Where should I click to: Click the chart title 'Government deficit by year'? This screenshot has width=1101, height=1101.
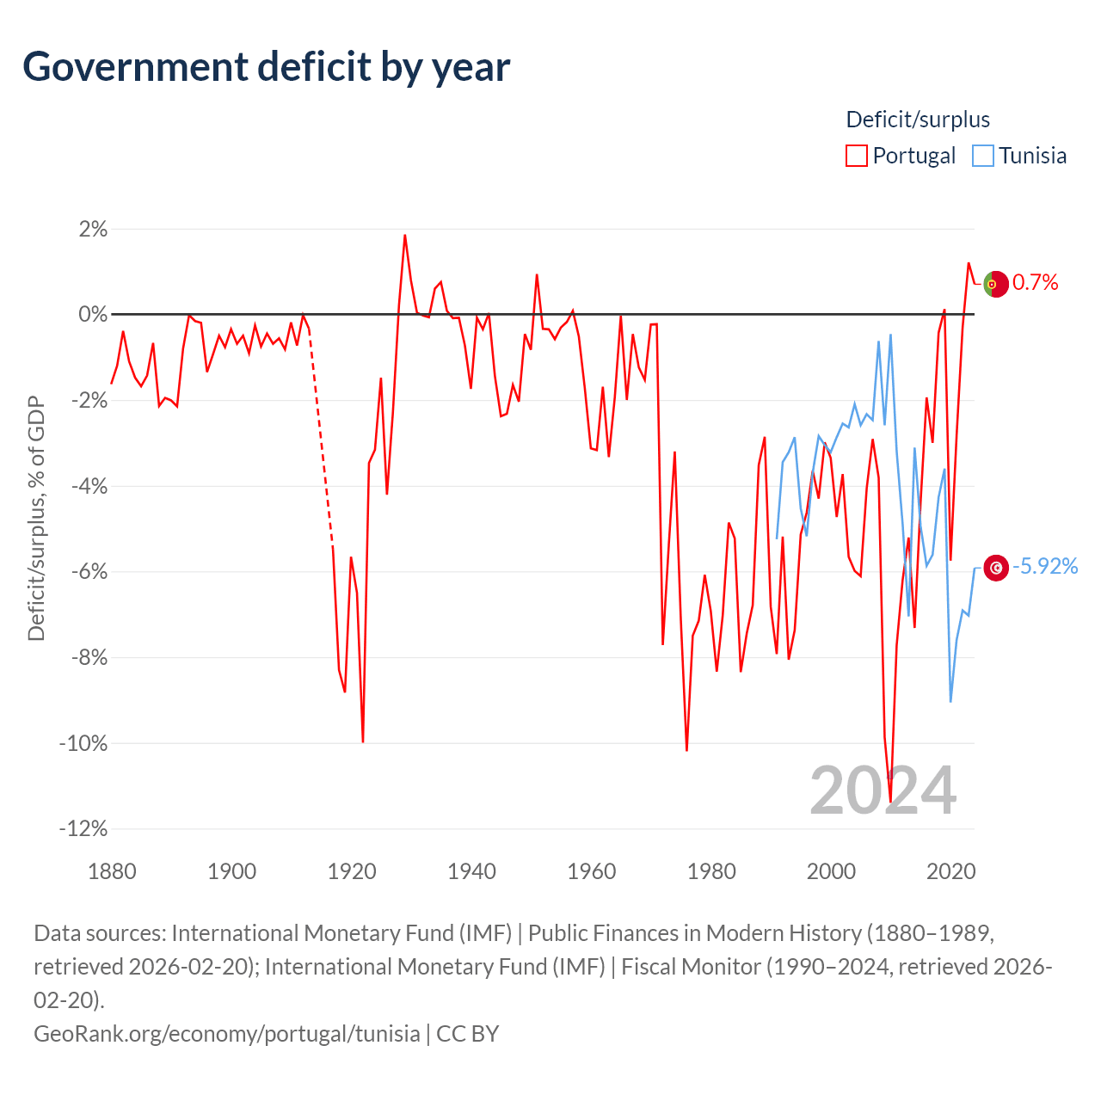pyautogui.click(x=266, y=67)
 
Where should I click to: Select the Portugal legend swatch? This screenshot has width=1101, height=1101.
pyautogui.click(x=856, y=156)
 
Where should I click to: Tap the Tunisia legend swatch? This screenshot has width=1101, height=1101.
pyautogui.click(x=983, y=156)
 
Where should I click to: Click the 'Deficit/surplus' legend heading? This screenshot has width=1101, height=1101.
pyautogui.click(x=918, y=120)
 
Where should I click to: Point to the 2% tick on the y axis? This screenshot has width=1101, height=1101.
pyautogui.click(x=93, y=229)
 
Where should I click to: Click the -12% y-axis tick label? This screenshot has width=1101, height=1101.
pyautogui.click(x=83, y=828)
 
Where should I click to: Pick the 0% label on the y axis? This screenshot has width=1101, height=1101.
pyautogui.click(x=93, y=314)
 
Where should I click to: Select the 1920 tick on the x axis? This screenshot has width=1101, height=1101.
pyautogui.click(x=352, y=872)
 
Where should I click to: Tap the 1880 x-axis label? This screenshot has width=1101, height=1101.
pyautogui.click(x=112, y=872)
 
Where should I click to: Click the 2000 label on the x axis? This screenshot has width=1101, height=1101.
pyautogui.click(x=831, y=872)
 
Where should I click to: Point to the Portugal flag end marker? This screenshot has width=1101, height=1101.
pyautogui.click(x=996, y=284)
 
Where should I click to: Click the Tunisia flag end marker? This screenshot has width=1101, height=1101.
pyautogui.click(x=996, y=568)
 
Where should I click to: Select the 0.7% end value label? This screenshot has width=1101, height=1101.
pyautogui.click(x=1036, y=282)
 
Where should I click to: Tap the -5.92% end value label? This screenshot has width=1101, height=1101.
pyautogui.click(x=1045, y=566)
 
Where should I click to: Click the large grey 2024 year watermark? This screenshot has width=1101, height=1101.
pyautogui.click(x=883, y=791)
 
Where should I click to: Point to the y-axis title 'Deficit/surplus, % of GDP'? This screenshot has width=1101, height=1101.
pyautogui.click(x=36, y=518)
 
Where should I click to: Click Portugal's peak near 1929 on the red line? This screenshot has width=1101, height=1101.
pyautogui.click(x=404, y=235)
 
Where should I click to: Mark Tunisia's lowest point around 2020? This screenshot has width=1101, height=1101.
pyautogui.click(x=950, y=701)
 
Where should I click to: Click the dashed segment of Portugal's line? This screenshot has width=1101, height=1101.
pyautogui.click(x=321, y=437)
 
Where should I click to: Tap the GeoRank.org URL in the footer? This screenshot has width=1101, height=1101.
pyautogui.click(x=227, y=1034)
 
